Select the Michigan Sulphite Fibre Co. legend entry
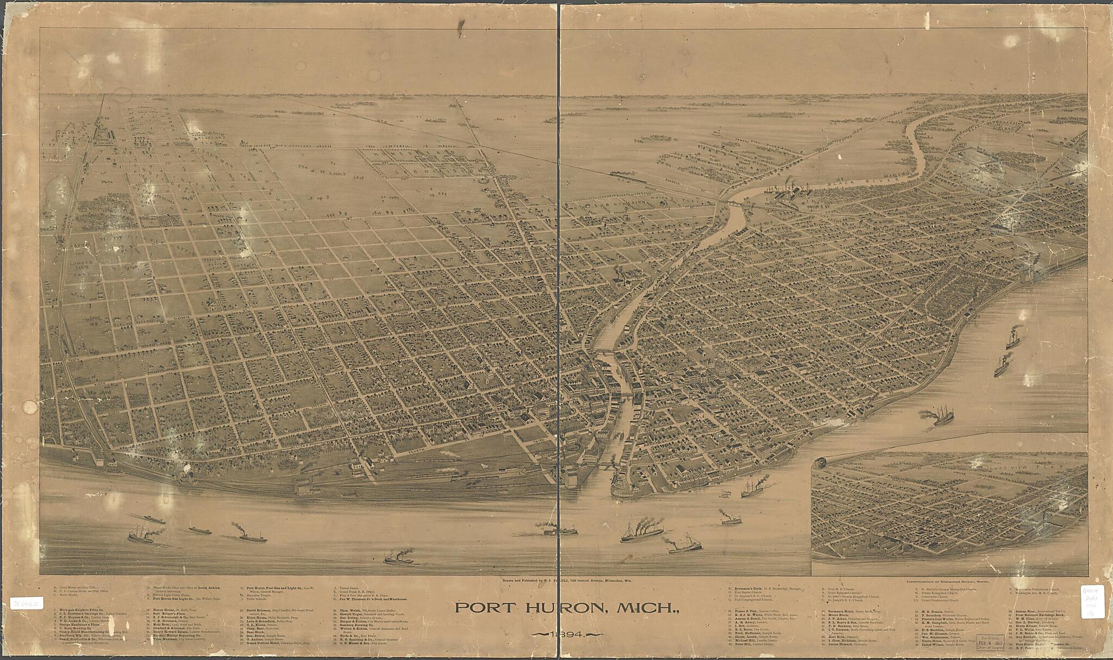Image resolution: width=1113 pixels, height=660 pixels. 82,611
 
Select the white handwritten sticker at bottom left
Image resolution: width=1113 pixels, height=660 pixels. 27,603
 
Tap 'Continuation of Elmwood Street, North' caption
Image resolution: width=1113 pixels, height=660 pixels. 948,581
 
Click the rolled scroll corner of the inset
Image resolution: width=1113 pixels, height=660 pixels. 820,463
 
